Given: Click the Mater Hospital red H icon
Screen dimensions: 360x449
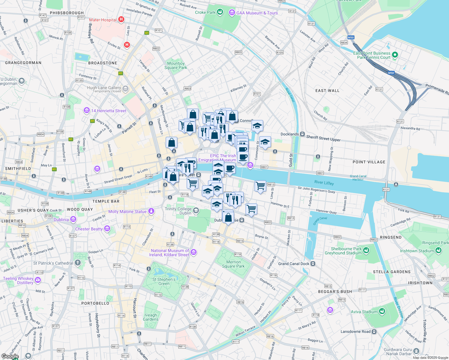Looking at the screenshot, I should tap(121, 20).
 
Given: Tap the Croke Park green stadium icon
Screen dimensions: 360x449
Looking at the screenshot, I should tap(220, 12).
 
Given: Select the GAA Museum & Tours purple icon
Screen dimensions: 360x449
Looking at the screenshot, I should tap(232, 13).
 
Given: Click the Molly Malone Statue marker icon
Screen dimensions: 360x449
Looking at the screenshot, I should tap(151, 211).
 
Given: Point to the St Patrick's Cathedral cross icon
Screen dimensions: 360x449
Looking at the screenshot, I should tap(78, 263).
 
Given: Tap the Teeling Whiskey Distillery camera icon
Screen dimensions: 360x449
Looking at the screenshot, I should tap(38, 280).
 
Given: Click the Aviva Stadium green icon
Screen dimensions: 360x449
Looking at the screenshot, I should tap(382, 312).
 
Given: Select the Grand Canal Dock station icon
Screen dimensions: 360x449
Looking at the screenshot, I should tap(313, 264).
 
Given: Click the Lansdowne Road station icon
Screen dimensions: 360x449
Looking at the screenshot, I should tap(374, 331).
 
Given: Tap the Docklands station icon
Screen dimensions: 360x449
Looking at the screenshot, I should tap(303, 134).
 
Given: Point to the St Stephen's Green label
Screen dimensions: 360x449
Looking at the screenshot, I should tap(164, 281).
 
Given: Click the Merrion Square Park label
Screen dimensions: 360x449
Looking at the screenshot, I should tap(233, 264).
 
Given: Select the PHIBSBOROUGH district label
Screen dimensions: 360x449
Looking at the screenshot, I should tap(67, 13).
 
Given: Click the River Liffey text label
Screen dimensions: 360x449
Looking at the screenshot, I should tap(324, 183).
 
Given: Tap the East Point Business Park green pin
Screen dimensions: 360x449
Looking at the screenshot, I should tap(395, 55).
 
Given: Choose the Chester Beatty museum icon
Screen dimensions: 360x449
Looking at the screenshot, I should tap(107, 229).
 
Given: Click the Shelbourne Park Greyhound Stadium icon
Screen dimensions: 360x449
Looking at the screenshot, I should tap(366, 251).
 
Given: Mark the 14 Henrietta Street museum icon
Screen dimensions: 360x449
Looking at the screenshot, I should tap(87, 111).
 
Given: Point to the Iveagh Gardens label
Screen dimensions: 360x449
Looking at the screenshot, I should tap(151, 317).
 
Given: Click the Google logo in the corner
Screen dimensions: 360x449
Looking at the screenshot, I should tap(10, 356).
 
